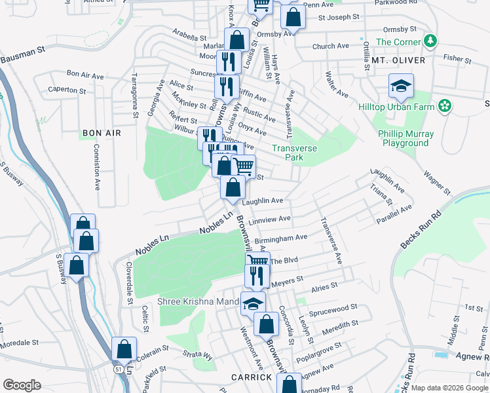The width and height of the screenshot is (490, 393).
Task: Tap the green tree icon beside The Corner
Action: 430,42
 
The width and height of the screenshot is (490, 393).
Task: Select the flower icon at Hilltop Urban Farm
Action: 444,105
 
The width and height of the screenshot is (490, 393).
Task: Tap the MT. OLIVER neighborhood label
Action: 398,60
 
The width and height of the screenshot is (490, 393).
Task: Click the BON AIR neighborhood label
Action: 102,133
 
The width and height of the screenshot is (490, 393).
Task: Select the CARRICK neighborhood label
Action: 252,377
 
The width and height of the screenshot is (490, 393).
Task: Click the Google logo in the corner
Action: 22,384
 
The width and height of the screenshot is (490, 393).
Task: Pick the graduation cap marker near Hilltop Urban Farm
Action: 401,86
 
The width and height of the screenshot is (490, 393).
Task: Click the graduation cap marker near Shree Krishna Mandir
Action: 252,303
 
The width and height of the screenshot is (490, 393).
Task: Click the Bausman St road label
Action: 22,55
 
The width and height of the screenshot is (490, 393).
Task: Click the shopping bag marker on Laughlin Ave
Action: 233,187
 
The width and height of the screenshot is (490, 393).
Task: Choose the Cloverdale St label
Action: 130,282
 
